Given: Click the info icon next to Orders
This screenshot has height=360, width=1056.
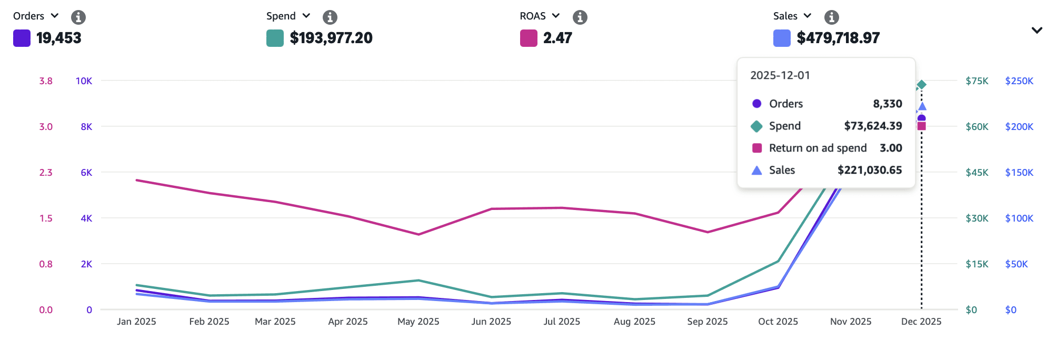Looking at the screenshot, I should click(78, 17).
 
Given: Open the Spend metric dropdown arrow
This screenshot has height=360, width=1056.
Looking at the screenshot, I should click(306, 16).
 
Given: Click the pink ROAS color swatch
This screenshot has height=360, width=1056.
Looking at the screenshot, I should click(529, 38).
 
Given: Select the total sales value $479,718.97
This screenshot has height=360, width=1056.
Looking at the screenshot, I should click(838, 38).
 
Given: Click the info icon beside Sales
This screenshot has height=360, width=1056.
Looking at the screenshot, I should click(832, 17).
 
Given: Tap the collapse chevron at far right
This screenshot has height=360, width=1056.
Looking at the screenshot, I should click(1037, 31).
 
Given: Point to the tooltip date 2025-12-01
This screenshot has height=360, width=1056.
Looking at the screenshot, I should click(780, 75).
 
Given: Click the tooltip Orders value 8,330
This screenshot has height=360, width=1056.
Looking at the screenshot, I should click(887, 104).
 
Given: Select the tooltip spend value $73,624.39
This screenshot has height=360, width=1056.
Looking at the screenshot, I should click(873, 126).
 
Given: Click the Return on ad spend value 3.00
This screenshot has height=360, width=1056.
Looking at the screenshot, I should click(891, 148).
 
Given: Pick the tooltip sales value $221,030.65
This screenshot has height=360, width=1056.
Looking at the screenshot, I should click(870, 170).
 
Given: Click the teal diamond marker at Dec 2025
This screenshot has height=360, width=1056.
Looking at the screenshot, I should click(921, 85).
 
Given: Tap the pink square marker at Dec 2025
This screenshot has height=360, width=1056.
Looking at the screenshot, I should click(921, 126).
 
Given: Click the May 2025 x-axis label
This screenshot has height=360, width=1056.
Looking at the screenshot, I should click(419, 322).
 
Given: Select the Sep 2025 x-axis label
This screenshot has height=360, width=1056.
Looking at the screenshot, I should click(708, 322).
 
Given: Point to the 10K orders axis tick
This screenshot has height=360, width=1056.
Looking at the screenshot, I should click(84, 81).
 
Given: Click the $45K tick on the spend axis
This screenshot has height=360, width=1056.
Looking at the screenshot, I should click(977, 173).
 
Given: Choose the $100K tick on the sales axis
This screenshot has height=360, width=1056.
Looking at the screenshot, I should click(1019, 218).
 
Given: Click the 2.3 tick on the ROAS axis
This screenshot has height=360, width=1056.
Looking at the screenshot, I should click(46, 173).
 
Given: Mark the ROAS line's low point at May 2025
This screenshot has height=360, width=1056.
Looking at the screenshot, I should click(419, 234).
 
